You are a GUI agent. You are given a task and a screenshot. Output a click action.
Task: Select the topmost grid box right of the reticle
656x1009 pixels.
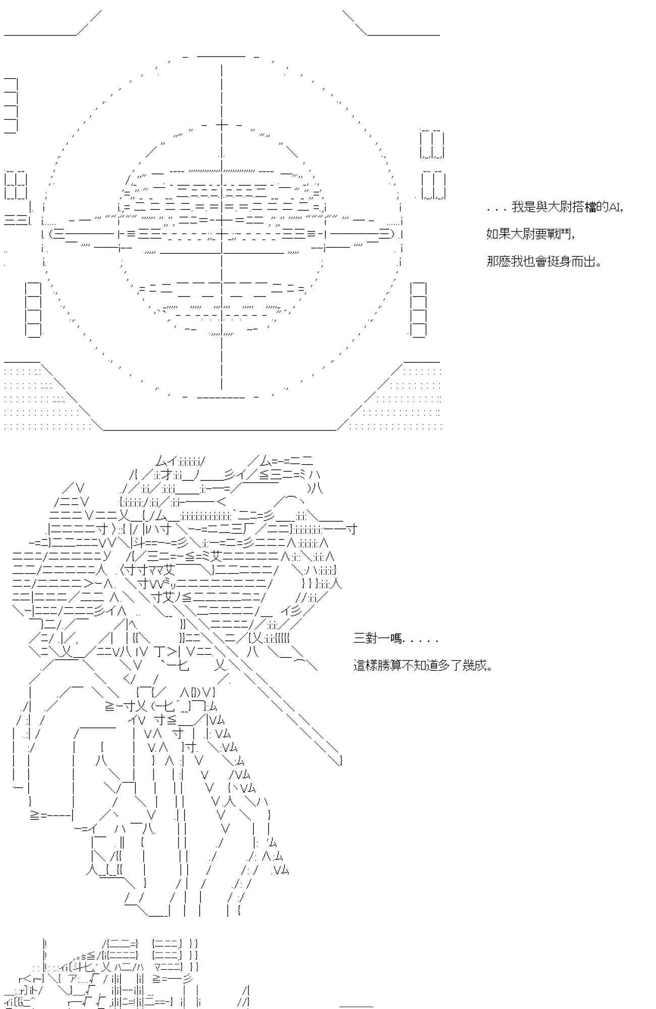point(432,145)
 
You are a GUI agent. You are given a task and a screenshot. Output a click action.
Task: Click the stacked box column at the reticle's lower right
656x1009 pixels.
point(418,309)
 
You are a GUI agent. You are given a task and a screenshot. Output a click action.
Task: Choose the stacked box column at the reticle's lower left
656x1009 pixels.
point(33,309)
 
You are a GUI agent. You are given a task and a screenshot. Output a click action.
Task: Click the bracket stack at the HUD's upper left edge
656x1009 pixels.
point(11,105)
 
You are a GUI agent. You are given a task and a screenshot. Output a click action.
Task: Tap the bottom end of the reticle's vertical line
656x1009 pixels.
point(222,388)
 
